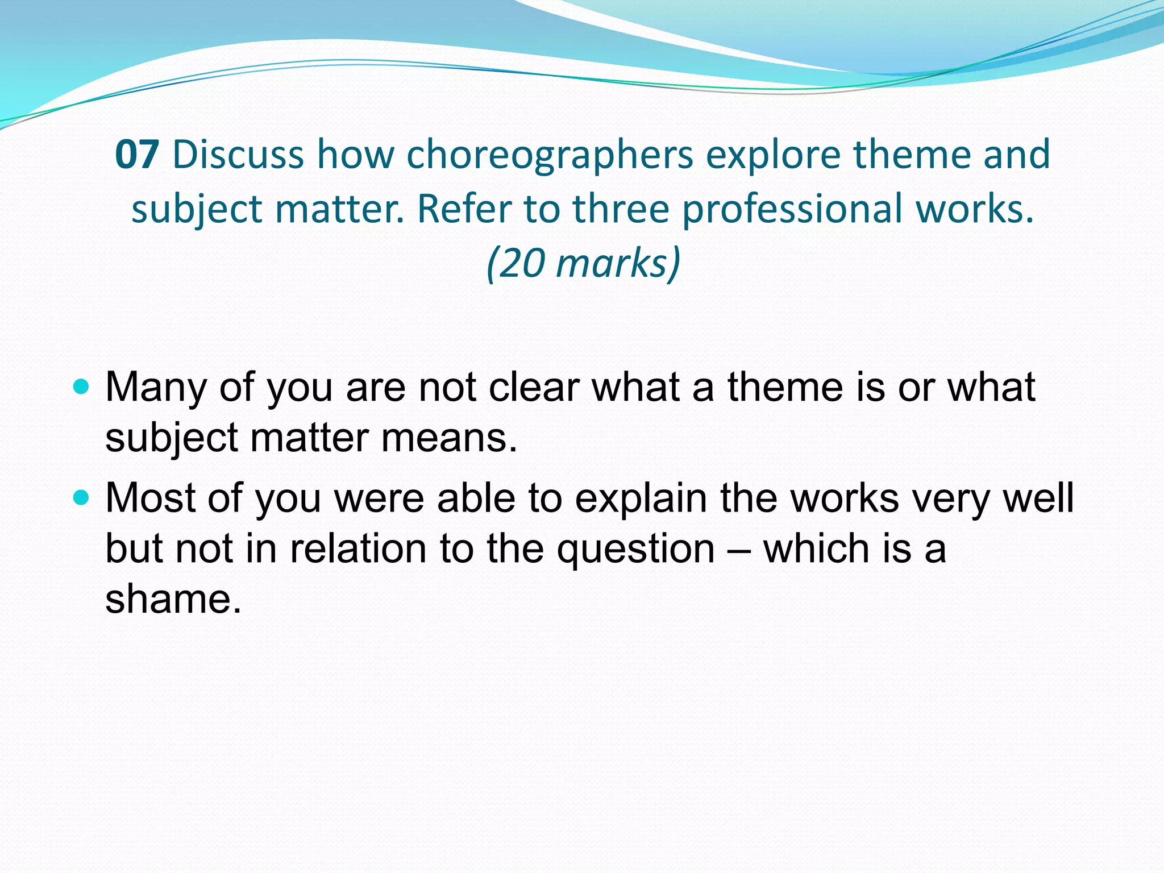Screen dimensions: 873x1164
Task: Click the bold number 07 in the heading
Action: click(x=136, y=155)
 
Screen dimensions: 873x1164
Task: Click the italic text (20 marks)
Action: click(x=583, y=264)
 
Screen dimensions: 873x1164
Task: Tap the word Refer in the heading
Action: click(x=465, y=209)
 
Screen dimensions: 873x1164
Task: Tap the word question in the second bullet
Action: click(x=635, y=550)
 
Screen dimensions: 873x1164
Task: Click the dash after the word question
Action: click(x=739, y=550)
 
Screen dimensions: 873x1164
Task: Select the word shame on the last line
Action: click(x=173, y=600)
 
